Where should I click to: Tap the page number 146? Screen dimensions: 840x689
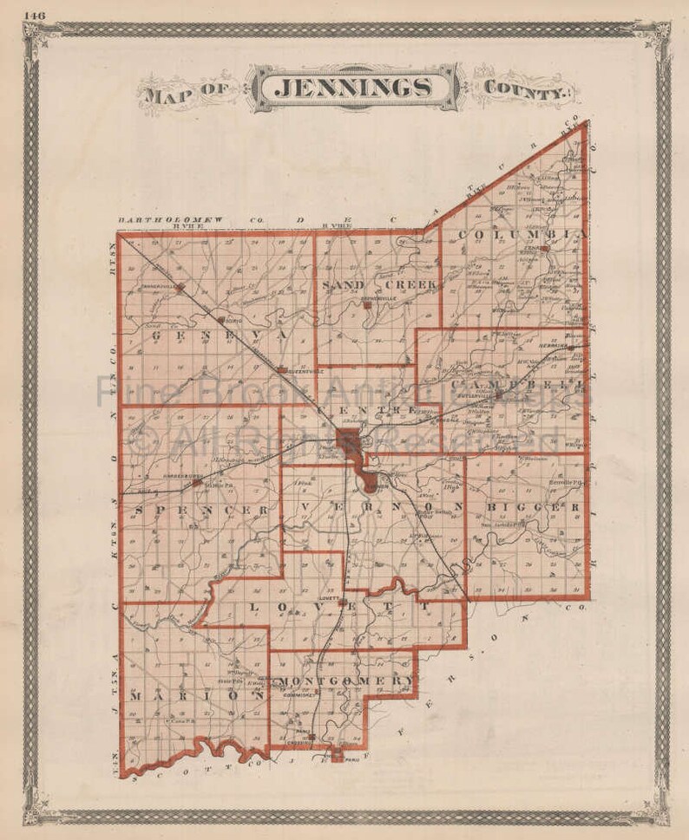(36, 15)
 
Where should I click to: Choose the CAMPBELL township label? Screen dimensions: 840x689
(519, 381)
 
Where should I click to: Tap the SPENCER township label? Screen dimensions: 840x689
(201, 511)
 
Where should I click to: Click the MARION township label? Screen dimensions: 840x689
(197, 695)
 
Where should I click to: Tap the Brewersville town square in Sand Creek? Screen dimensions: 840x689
(367, 304)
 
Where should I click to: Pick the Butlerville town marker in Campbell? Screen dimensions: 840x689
(499, 399)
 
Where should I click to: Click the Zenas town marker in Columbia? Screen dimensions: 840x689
(544, 249)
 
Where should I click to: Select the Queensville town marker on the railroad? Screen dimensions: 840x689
(282, 370)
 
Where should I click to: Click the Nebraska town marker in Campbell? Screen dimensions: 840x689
(570, 348)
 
